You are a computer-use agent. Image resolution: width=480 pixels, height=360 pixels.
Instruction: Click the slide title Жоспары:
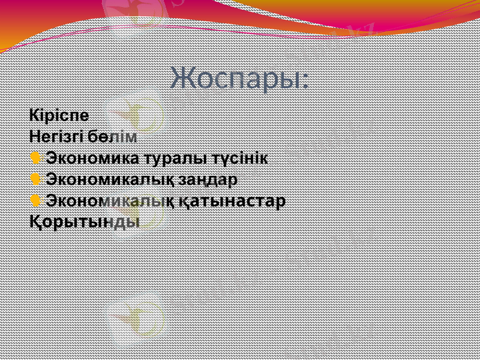click(239, 78)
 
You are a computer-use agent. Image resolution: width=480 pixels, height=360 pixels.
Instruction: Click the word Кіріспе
click(59, 114)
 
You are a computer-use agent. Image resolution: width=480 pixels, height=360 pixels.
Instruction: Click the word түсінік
click(239, 158)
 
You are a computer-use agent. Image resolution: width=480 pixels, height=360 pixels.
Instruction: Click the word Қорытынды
click(85, 221)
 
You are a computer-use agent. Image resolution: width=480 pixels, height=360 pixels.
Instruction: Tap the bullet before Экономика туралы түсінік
click(35, 158)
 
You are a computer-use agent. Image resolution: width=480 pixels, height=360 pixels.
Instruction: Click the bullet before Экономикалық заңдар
click(35, 179)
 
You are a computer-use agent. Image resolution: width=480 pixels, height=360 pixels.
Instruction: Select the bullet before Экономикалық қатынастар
click(35, 200)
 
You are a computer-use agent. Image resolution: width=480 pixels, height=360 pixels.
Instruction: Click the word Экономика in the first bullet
click(92, 158)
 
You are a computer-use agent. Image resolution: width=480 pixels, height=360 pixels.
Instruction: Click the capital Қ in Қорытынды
click(35, 221)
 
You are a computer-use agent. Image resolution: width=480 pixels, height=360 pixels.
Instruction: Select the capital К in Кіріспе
click(34, 114)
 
